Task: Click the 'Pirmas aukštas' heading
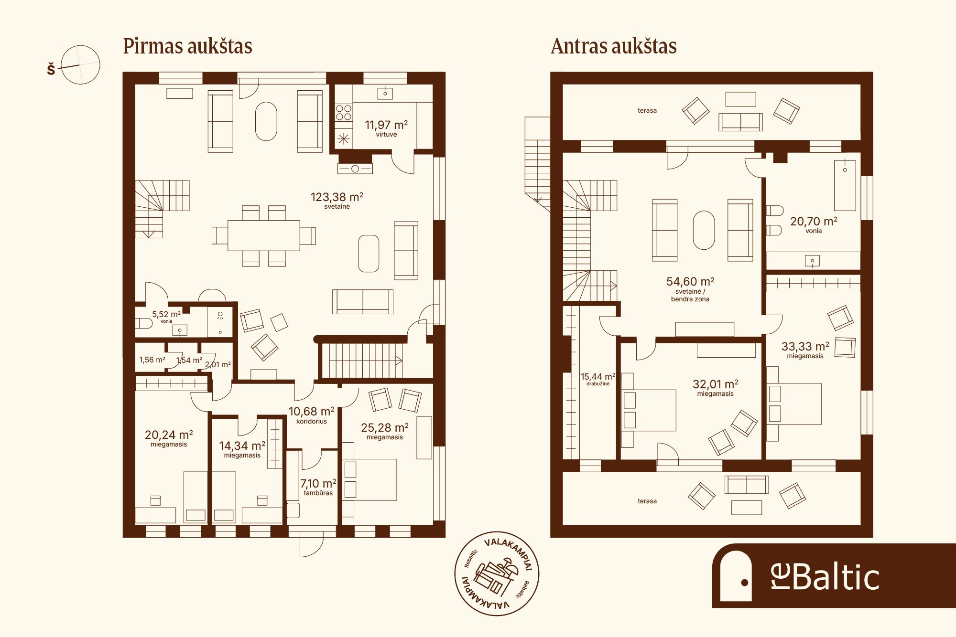tap(187, 46)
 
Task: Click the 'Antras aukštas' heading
tap(614, 46)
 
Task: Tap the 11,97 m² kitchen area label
tap(386, 128)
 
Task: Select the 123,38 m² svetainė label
tap(337, 200)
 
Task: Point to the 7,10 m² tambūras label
tap(318, 487)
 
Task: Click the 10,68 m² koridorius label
tap(312, 415)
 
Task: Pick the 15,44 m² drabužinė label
tap(598, 379)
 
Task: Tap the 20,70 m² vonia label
tap(814, 224)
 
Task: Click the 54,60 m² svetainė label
tap(690, 289)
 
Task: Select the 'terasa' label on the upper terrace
tap(647, 111)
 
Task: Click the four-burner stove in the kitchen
tap(343, 113)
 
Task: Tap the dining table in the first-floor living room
tap(264, 235)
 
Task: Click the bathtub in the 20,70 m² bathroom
tap(845, 185)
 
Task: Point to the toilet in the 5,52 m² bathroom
tap(143, 324)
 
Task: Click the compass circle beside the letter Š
tap(80, 65)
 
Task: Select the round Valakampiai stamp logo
tap(497, 573)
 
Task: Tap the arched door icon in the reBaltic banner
tap(736, 576)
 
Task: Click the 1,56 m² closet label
tap(152, 360)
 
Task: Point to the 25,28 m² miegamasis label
tap(385, 431)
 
